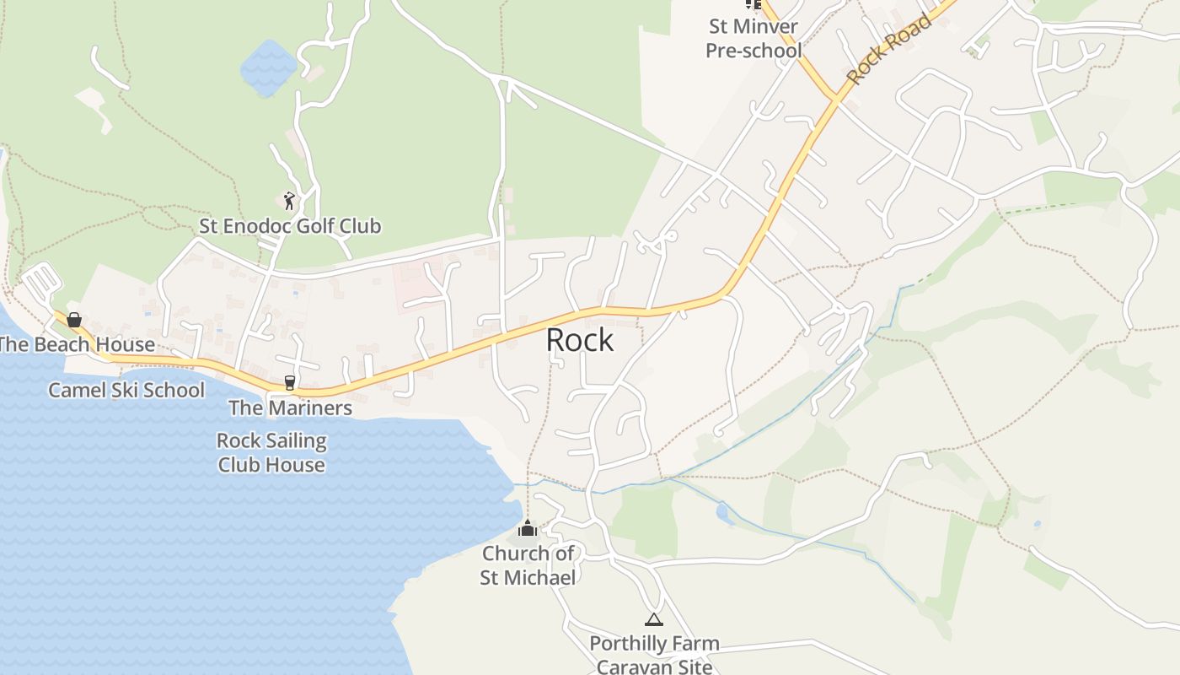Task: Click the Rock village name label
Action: click(580, 340)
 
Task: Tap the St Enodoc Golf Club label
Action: click(290, 226)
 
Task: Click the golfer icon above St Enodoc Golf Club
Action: click(289, 201)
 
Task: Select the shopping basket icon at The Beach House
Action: click(74, 320)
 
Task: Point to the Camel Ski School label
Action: click(126, 390)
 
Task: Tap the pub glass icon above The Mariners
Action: click(290, 383)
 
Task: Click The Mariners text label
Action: click(290, 408)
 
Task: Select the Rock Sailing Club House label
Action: click(271, 452)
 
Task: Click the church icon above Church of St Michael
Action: click(528, 529)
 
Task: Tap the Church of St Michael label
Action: click(528, 565)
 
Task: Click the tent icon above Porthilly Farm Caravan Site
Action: click(653, 620)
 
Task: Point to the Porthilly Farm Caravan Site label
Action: click(654, 655)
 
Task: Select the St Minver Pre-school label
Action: click(753, 39)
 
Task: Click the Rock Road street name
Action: click(888, 49)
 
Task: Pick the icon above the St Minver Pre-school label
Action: click(753, 4)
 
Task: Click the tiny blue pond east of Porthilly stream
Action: click(722, 510)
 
